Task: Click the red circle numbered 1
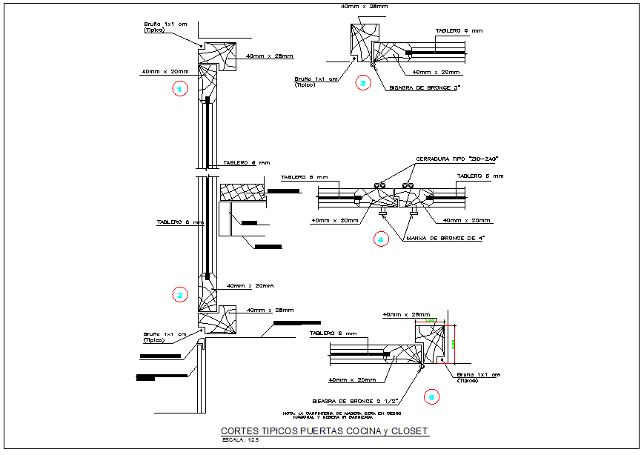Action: click(x=179, y=89)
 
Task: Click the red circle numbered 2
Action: click(x=179, y=295)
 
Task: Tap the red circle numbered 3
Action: click(x=362, y=83)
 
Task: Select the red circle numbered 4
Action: click(x=381, y=239)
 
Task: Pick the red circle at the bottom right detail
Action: click(x=431, y=396)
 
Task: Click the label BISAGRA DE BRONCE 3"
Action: click(x=425, y=88)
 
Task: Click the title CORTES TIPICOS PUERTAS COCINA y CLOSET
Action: click(x=325, y=431)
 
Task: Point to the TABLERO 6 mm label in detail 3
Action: click(x=459, y=30)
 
